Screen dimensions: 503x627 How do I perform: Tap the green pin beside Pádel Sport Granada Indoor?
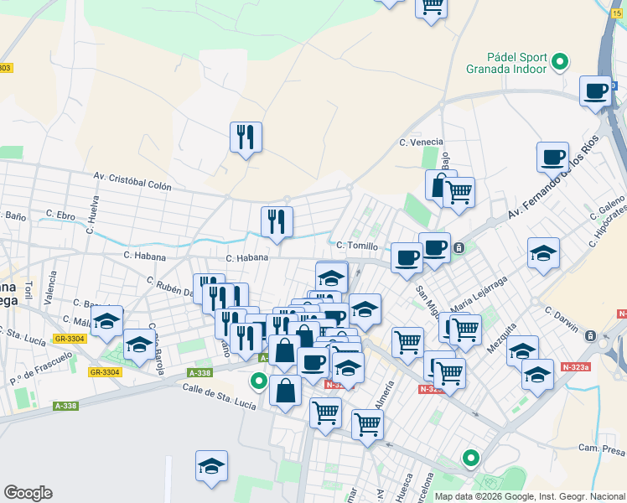coord(560,61)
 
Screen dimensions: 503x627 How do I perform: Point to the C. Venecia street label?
coord(420,142)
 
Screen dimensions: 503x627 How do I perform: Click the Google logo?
coord(28,493)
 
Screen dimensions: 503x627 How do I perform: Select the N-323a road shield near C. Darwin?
coord(576,366)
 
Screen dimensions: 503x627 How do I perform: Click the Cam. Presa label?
coord(602,450)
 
